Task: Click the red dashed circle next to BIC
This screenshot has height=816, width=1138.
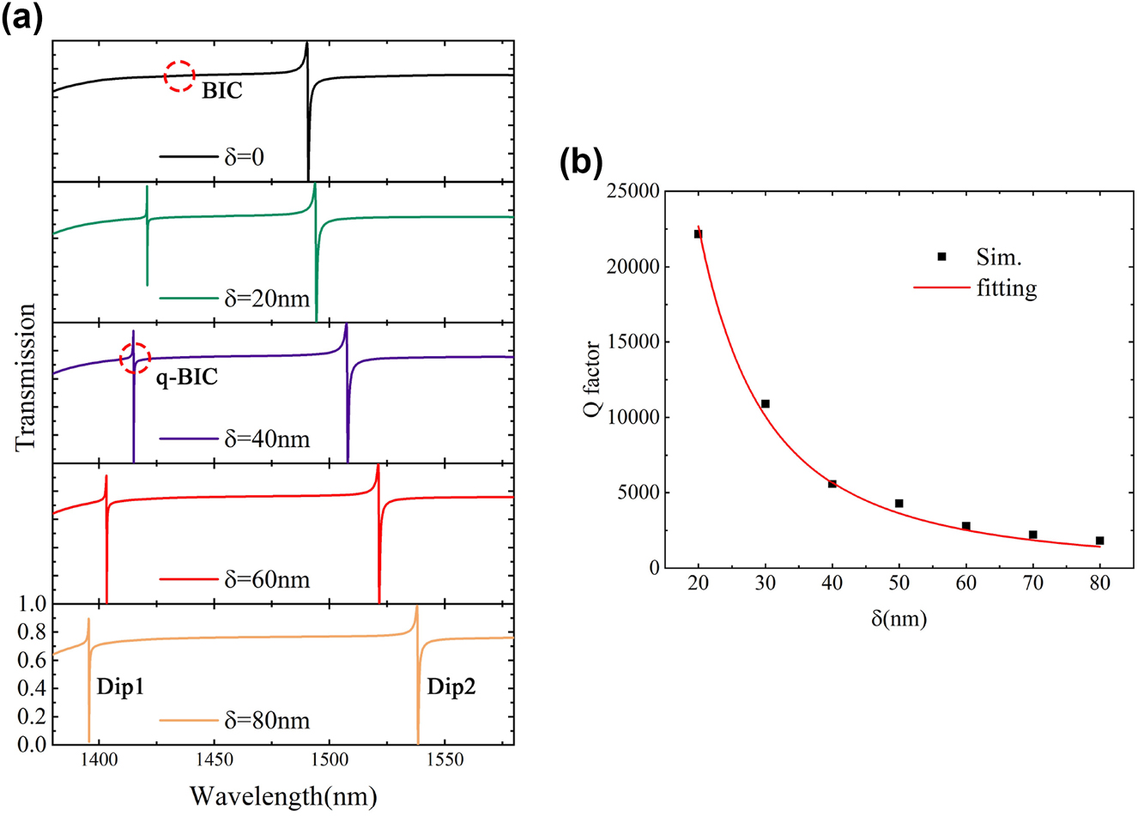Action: [179, 76]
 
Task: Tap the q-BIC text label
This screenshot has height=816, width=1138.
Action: [186, 377]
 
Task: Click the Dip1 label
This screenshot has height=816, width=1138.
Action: [120, 688]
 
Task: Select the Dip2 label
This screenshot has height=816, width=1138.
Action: [451, 688]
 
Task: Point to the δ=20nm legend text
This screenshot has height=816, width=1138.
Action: [266, 299]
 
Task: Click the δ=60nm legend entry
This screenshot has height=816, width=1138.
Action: [266, 580]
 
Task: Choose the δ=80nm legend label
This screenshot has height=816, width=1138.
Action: [266, 721]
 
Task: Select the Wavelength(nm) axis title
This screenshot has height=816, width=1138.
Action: [283, 795]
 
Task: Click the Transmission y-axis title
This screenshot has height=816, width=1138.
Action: [26, 377]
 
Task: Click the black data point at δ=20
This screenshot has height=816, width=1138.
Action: [698, 234]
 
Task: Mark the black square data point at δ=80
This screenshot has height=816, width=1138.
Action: [1099, 541]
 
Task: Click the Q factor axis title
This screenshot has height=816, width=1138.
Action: [591, 378]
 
